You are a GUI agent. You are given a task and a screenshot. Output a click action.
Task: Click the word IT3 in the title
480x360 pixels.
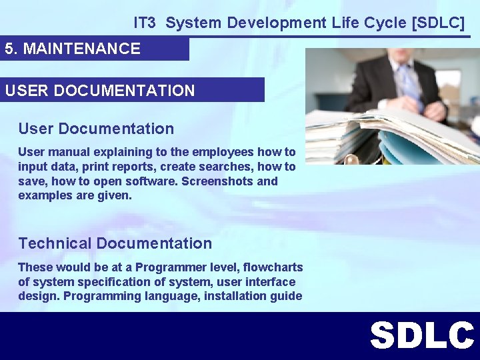pyautogui.click(x=144, y=23)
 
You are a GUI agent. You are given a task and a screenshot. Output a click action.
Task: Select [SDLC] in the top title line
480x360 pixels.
pyautogui.click(x=439, y=23)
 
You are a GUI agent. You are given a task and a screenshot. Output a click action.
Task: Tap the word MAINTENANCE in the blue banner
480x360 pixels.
pyautogui.click(x=82, y=49)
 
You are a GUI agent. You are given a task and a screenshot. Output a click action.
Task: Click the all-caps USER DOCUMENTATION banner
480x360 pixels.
pyautogui.click(x=100, y=90)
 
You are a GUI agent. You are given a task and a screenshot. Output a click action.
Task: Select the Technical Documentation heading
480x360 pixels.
pyautogui.click(x=115, y=243)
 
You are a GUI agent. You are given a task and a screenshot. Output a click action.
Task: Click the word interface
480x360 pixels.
pyautogui.click(x=271, y=282)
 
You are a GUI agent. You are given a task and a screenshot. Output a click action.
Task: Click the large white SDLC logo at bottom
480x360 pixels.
pyautogui.click(x=421, y=335)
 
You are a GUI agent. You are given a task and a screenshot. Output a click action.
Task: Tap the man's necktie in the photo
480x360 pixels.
pyautogui.click(x=408, y=87)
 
